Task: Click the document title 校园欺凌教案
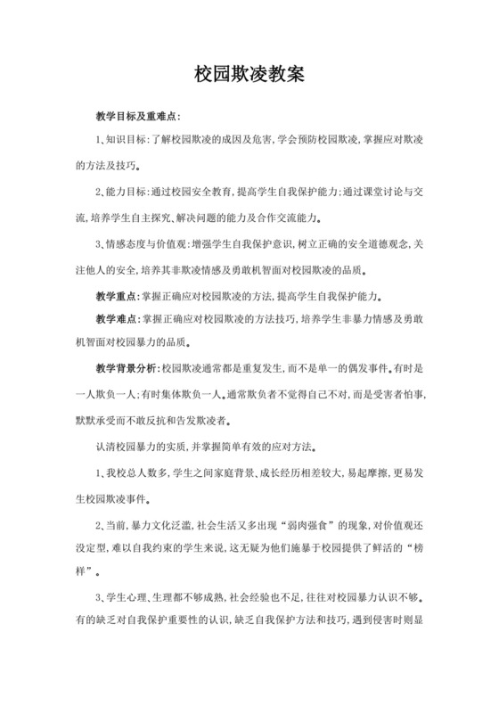point(250,76)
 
